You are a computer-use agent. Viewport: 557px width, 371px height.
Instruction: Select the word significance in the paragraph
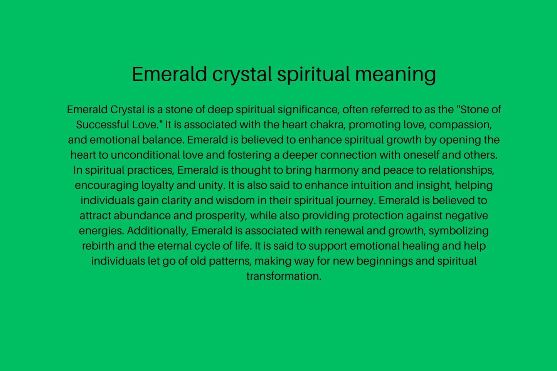[x=308, y=110]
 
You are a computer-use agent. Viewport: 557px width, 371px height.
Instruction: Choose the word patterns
[x=231, y=261]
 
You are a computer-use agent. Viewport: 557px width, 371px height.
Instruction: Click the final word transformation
[x=284, y=276]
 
